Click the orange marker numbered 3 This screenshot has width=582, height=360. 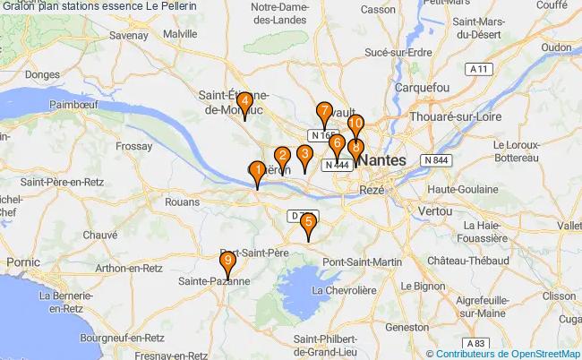coord(304,158)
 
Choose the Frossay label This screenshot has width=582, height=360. coord(135,144)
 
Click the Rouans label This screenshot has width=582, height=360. coord(183,202)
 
